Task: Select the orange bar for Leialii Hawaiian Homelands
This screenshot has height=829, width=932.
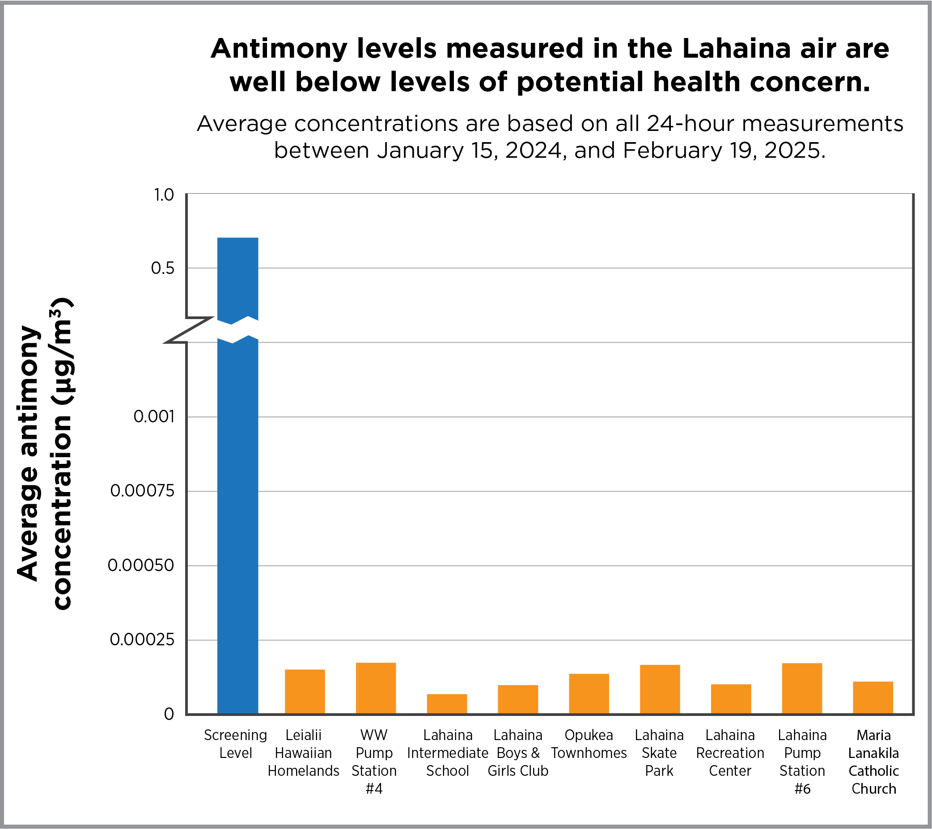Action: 305,691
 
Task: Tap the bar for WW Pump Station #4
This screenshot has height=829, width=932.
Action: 376,688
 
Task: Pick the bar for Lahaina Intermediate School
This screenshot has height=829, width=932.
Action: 447,704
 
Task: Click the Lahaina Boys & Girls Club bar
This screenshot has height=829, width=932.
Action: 517,699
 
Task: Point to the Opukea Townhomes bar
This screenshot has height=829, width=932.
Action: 589,694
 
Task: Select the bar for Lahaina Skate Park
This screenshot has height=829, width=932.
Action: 660,689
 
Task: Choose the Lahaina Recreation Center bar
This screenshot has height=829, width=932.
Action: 731,699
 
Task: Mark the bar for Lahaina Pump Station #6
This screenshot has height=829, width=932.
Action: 801,688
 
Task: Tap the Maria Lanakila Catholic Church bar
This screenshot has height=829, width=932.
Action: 873,697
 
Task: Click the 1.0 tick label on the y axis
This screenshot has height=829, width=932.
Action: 164,195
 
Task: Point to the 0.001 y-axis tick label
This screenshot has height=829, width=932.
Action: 154,417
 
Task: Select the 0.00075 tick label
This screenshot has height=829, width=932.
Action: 142,491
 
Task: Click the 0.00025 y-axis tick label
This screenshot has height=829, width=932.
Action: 142,640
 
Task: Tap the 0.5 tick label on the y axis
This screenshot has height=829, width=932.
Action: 162,269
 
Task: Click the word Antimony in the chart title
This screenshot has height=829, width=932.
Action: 278,49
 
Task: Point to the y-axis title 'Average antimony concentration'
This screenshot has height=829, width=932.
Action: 44,454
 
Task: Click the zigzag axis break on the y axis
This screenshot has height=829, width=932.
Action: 188,329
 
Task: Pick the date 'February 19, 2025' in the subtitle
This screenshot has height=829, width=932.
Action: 724,151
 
